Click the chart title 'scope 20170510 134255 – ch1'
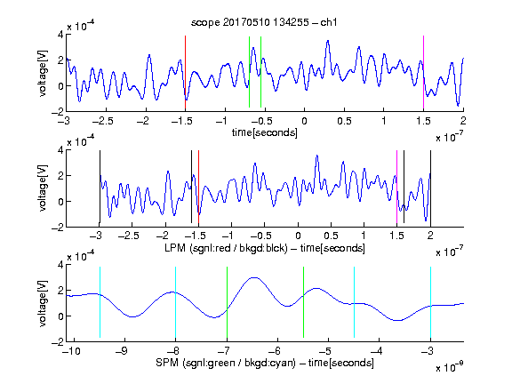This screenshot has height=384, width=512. tap(264, 22)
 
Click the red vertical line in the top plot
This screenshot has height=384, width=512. tap(185, 72)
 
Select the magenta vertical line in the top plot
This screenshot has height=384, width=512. tap(423, 72)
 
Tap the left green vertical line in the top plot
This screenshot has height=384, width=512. tap(249, 72)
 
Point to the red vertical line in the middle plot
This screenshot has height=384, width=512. tap(198, 187)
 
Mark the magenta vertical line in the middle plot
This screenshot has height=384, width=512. tap(396, 187)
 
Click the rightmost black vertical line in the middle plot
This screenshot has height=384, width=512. tap(430, 187)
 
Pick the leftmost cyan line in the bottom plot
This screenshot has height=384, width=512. tap(100, 302)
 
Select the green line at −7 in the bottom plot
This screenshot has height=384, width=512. tap(227, 302)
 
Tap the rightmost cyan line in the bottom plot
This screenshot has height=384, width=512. tap(430, 302)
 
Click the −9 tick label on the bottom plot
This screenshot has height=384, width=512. tap(122, 351)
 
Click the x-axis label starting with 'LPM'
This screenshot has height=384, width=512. tap(265, 248)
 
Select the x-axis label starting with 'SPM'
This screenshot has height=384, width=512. tap(265, 363)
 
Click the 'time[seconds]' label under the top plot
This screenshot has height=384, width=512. tap(265, 132)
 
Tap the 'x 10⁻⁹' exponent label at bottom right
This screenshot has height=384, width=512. tap(449, 367)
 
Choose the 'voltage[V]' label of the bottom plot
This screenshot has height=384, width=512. tap(43, 304)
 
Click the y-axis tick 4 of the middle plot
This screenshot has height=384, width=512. tap(60, 150)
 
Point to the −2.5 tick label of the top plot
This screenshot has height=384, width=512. tap(102, 121)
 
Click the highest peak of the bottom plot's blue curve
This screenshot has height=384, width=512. tap(254, 277)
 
